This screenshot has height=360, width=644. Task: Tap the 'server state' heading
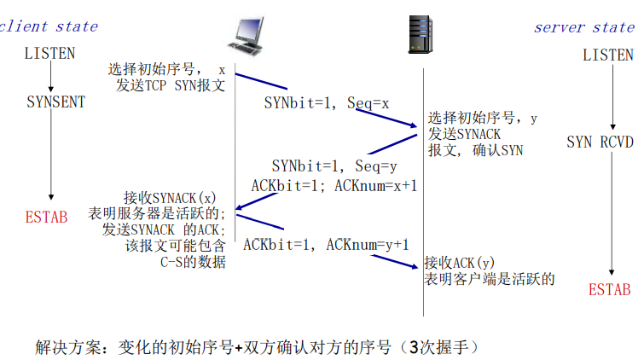click(584, 26)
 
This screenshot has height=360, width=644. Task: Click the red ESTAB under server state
click(610, 290)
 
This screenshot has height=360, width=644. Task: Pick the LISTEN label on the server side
click(608, 55)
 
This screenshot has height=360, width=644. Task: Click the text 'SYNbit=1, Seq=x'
click(326, 103)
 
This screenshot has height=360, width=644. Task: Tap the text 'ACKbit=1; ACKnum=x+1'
click(334, 183)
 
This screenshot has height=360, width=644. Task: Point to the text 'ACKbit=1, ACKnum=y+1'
click(326, 245)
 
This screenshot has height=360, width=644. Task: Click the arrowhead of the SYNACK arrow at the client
click(241, 206)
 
